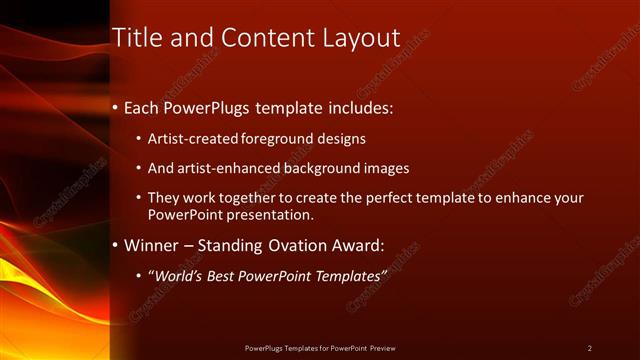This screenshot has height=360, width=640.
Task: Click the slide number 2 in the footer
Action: pos(589,347)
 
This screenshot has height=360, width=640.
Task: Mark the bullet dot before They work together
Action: pos(139,198)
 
